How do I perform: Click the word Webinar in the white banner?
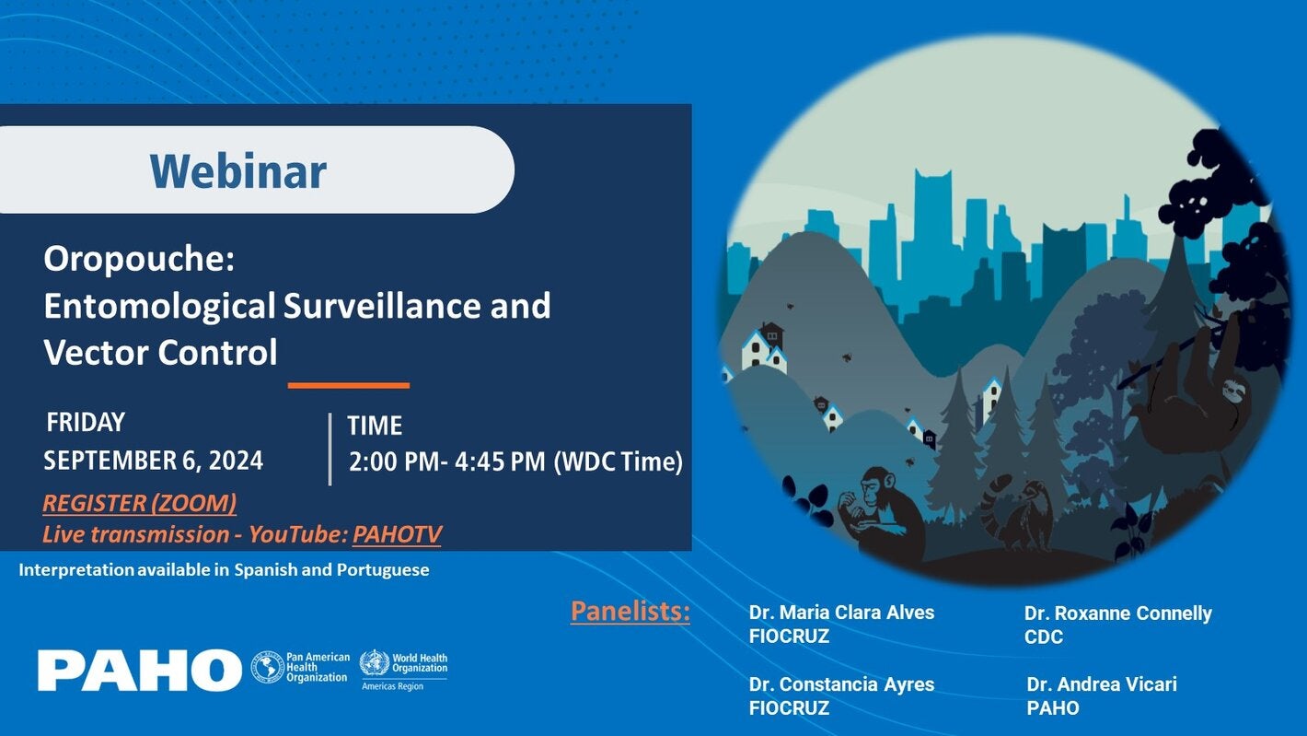(238, 171)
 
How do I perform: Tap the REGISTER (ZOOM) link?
(139, 503)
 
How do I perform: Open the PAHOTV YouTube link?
(397, 534)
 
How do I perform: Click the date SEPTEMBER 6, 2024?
(153, 461)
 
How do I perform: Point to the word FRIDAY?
(86, 422)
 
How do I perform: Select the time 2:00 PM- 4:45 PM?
(446, 461)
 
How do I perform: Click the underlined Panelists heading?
(630, 611)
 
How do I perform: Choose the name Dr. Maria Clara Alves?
(841, 613)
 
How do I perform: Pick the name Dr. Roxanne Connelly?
(1117, 613)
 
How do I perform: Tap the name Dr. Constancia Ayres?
(841, 684)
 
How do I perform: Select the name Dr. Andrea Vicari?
(1101, 684)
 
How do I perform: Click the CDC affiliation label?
(1043, 637)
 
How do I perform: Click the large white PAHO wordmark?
(139, 670)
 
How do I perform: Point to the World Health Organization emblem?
(375, 663)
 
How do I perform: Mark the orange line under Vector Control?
(348, 385)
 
